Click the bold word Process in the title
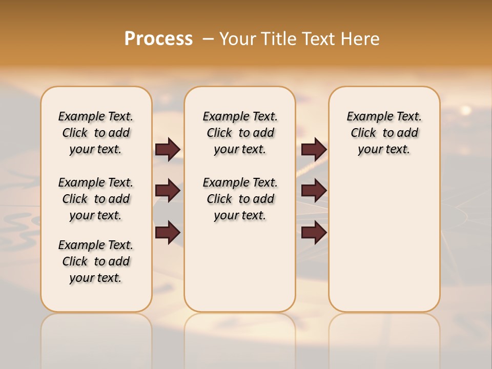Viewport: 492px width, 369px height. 158,39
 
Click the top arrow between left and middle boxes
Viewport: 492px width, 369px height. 168,150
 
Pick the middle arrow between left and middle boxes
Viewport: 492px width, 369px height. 168,191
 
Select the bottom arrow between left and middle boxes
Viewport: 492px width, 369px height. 168,233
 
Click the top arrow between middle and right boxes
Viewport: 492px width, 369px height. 314,150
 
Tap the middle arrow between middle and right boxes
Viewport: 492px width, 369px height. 314,191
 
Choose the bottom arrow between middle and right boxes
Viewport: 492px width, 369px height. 314,233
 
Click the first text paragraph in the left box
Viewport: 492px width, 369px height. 96,133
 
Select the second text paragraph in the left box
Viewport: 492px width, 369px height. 96,199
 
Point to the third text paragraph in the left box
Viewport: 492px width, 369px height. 96,261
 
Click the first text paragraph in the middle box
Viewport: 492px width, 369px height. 240,133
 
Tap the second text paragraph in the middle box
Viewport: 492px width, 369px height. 240,199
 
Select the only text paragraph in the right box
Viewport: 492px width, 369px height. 384,133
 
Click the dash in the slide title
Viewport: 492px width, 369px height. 208,39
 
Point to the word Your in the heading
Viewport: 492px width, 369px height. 238,39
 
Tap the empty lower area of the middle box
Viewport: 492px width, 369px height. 240,266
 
